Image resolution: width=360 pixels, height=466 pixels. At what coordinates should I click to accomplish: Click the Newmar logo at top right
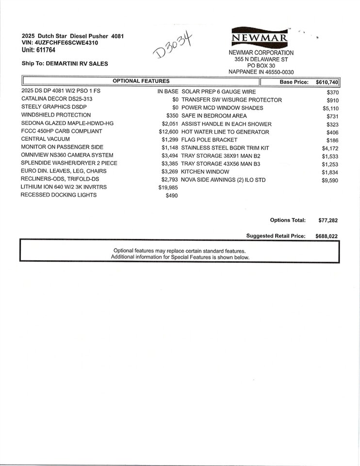pyautogui.click(x=261, y=37)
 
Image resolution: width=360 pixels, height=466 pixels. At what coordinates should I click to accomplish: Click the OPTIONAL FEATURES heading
pyautogui.click(x=141, y=81)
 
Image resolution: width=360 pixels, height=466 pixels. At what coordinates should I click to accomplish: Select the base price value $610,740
pyautogui.click(x=327, y=83)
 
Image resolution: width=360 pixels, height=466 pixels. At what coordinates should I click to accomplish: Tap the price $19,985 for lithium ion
pyautogui.click(x=168, y=187)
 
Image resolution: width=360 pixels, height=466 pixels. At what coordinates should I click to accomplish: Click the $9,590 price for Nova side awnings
pyautogui.click(x=329, y=181)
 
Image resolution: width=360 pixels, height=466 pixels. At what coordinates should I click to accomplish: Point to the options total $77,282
pyautogui.click(x=328, y=220)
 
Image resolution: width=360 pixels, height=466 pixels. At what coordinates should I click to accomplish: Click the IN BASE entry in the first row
pyautogui.click(x=168, y=91)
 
